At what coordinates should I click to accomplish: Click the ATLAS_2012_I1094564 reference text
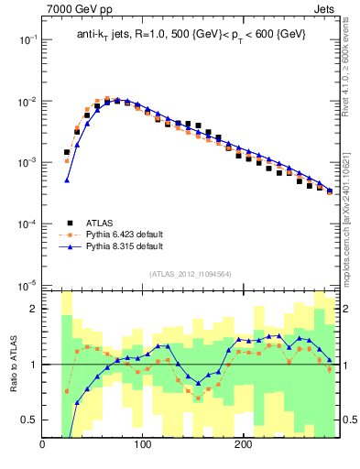tap(190, 274)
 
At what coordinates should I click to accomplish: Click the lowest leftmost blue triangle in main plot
tap(67, 180)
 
